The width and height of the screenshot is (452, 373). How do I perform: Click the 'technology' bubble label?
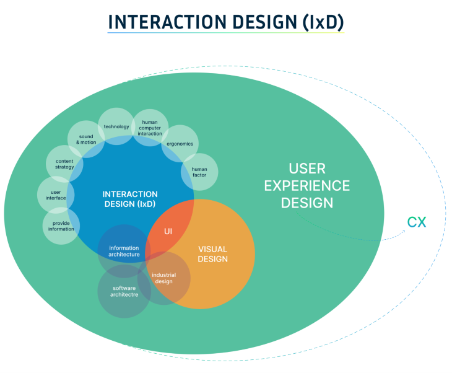[x=116, y=126]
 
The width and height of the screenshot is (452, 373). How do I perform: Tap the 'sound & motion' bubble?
[x=85, y=139]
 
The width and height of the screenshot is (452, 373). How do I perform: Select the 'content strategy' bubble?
[x=60, y=164]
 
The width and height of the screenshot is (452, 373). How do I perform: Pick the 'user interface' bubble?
[x=56, y=195]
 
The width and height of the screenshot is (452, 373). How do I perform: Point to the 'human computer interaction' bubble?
[x=150, y=128]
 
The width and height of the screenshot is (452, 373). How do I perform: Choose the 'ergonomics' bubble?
[x=180, y=144]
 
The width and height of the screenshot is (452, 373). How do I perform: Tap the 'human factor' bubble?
[x=199, y=172]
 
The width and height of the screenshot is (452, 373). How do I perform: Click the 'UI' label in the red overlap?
[x=168, y=231]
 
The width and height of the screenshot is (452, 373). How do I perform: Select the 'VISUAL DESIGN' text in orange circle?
[x=213, y=254]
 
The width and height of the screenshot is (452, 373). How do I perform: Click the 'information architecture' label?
[x=124, y=251]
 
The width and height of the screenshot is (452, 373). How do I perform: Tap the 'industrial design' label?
[x=164, y=278]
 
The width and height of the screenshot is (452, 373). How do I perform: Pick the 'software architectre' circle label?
[x=124, y=291]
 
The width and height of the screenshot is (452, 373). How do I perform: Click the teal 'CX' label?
[x=417, y=222]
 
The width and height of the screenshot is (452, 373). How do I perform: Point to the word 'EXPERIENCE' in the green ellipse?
[x=315, y=185]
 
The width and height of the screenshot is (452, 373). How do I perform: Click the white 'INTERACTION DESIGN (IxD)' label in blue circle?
[x=130, y=199]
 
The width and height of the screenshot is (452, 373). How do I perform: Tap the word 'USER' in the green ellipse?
[x=307, y=169]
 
